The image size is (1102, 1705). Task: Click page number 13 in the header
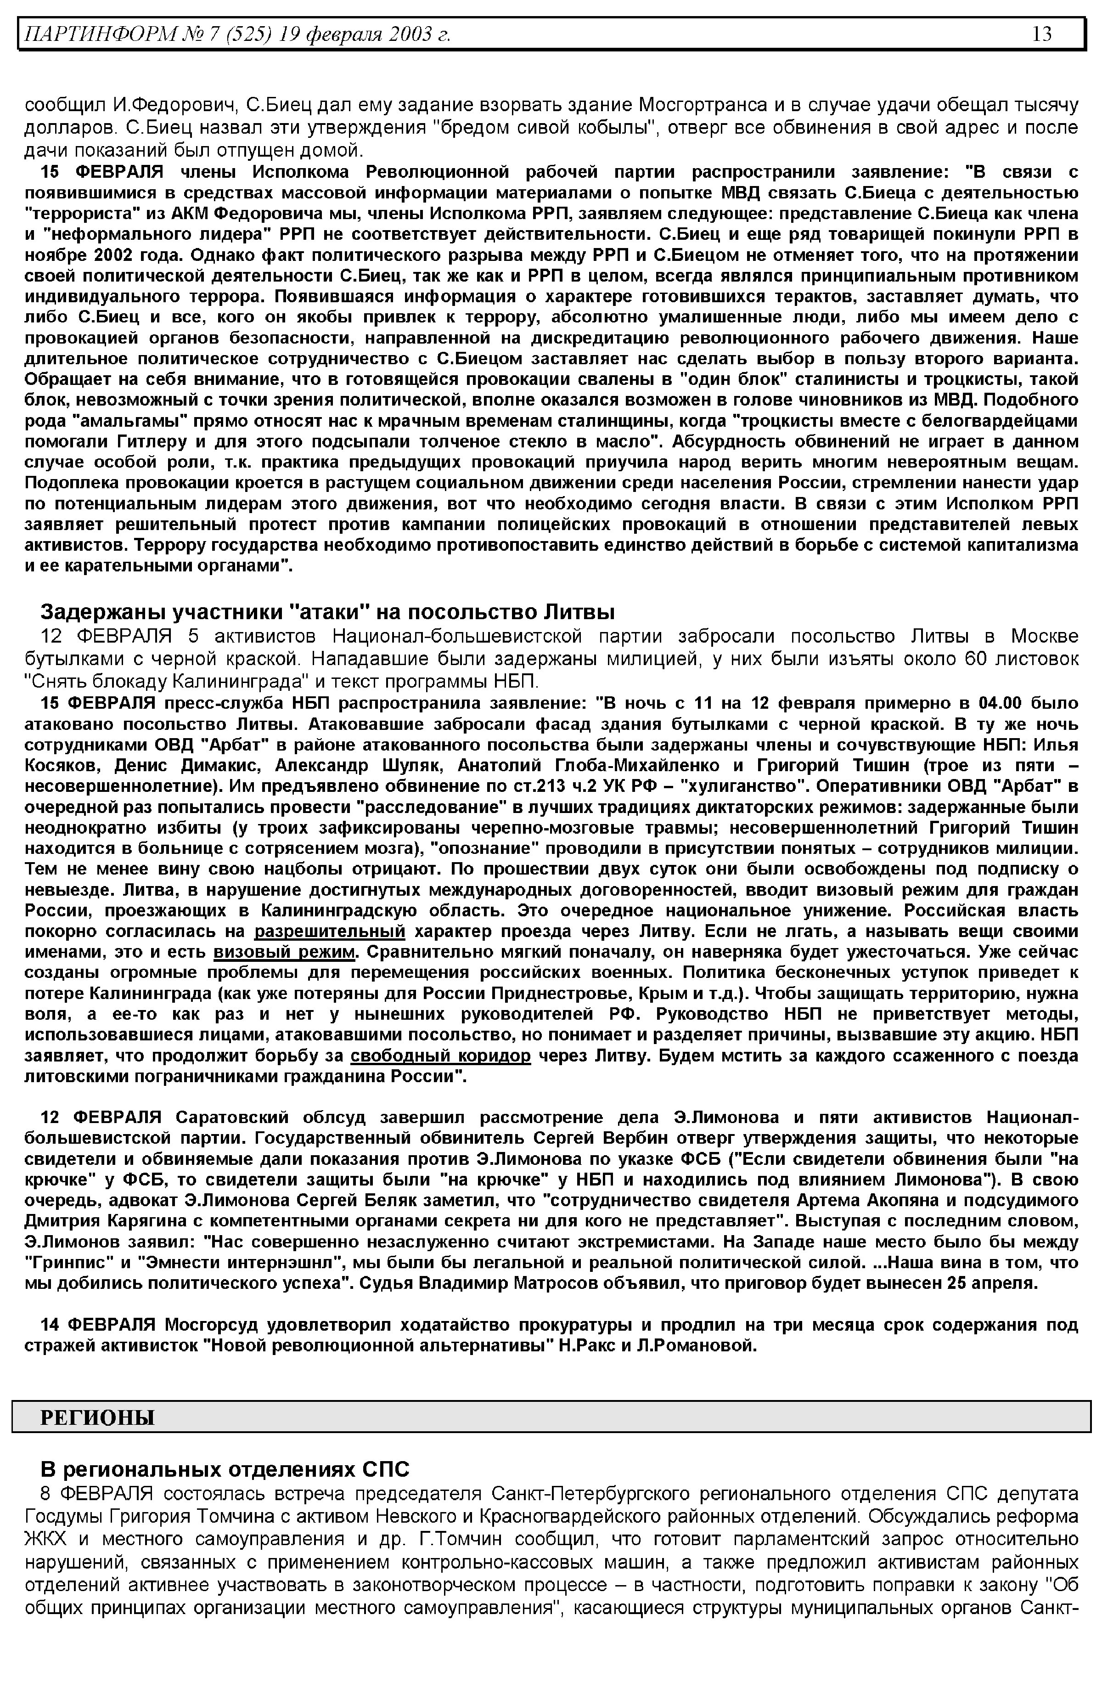point(1042,34)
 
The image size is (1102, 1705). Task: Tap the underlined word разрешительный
point(330,931)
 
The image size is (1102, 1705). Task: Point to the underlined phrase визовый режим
point(284,952)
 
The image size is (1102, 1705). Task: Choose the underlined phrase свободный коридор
point(441,1056)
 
